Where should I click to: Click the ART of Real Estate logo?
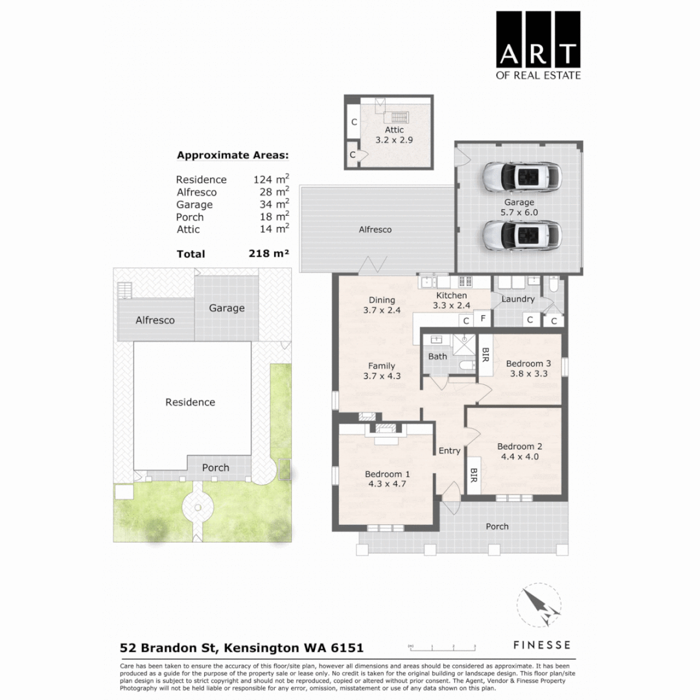(x=539, y=45)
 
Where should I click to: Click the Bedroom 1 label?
(x=387, y=474)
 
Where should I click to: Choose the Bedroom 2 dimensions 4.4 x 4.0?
(x=519, y=456)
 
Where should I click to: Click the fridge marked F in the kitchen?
(x=482, y=318)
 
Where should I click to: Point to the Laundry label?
(x=519, y=299)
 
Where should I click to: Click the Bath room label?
(x=437, y=356)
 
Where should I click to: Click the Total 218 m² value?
(x=268, y=254)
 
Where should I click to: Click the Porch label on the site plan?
(x=215, y=467)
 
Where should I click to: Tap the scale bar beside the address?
(x=442, y=647)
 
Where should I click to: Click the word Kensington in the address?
(x=261, y=647)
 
